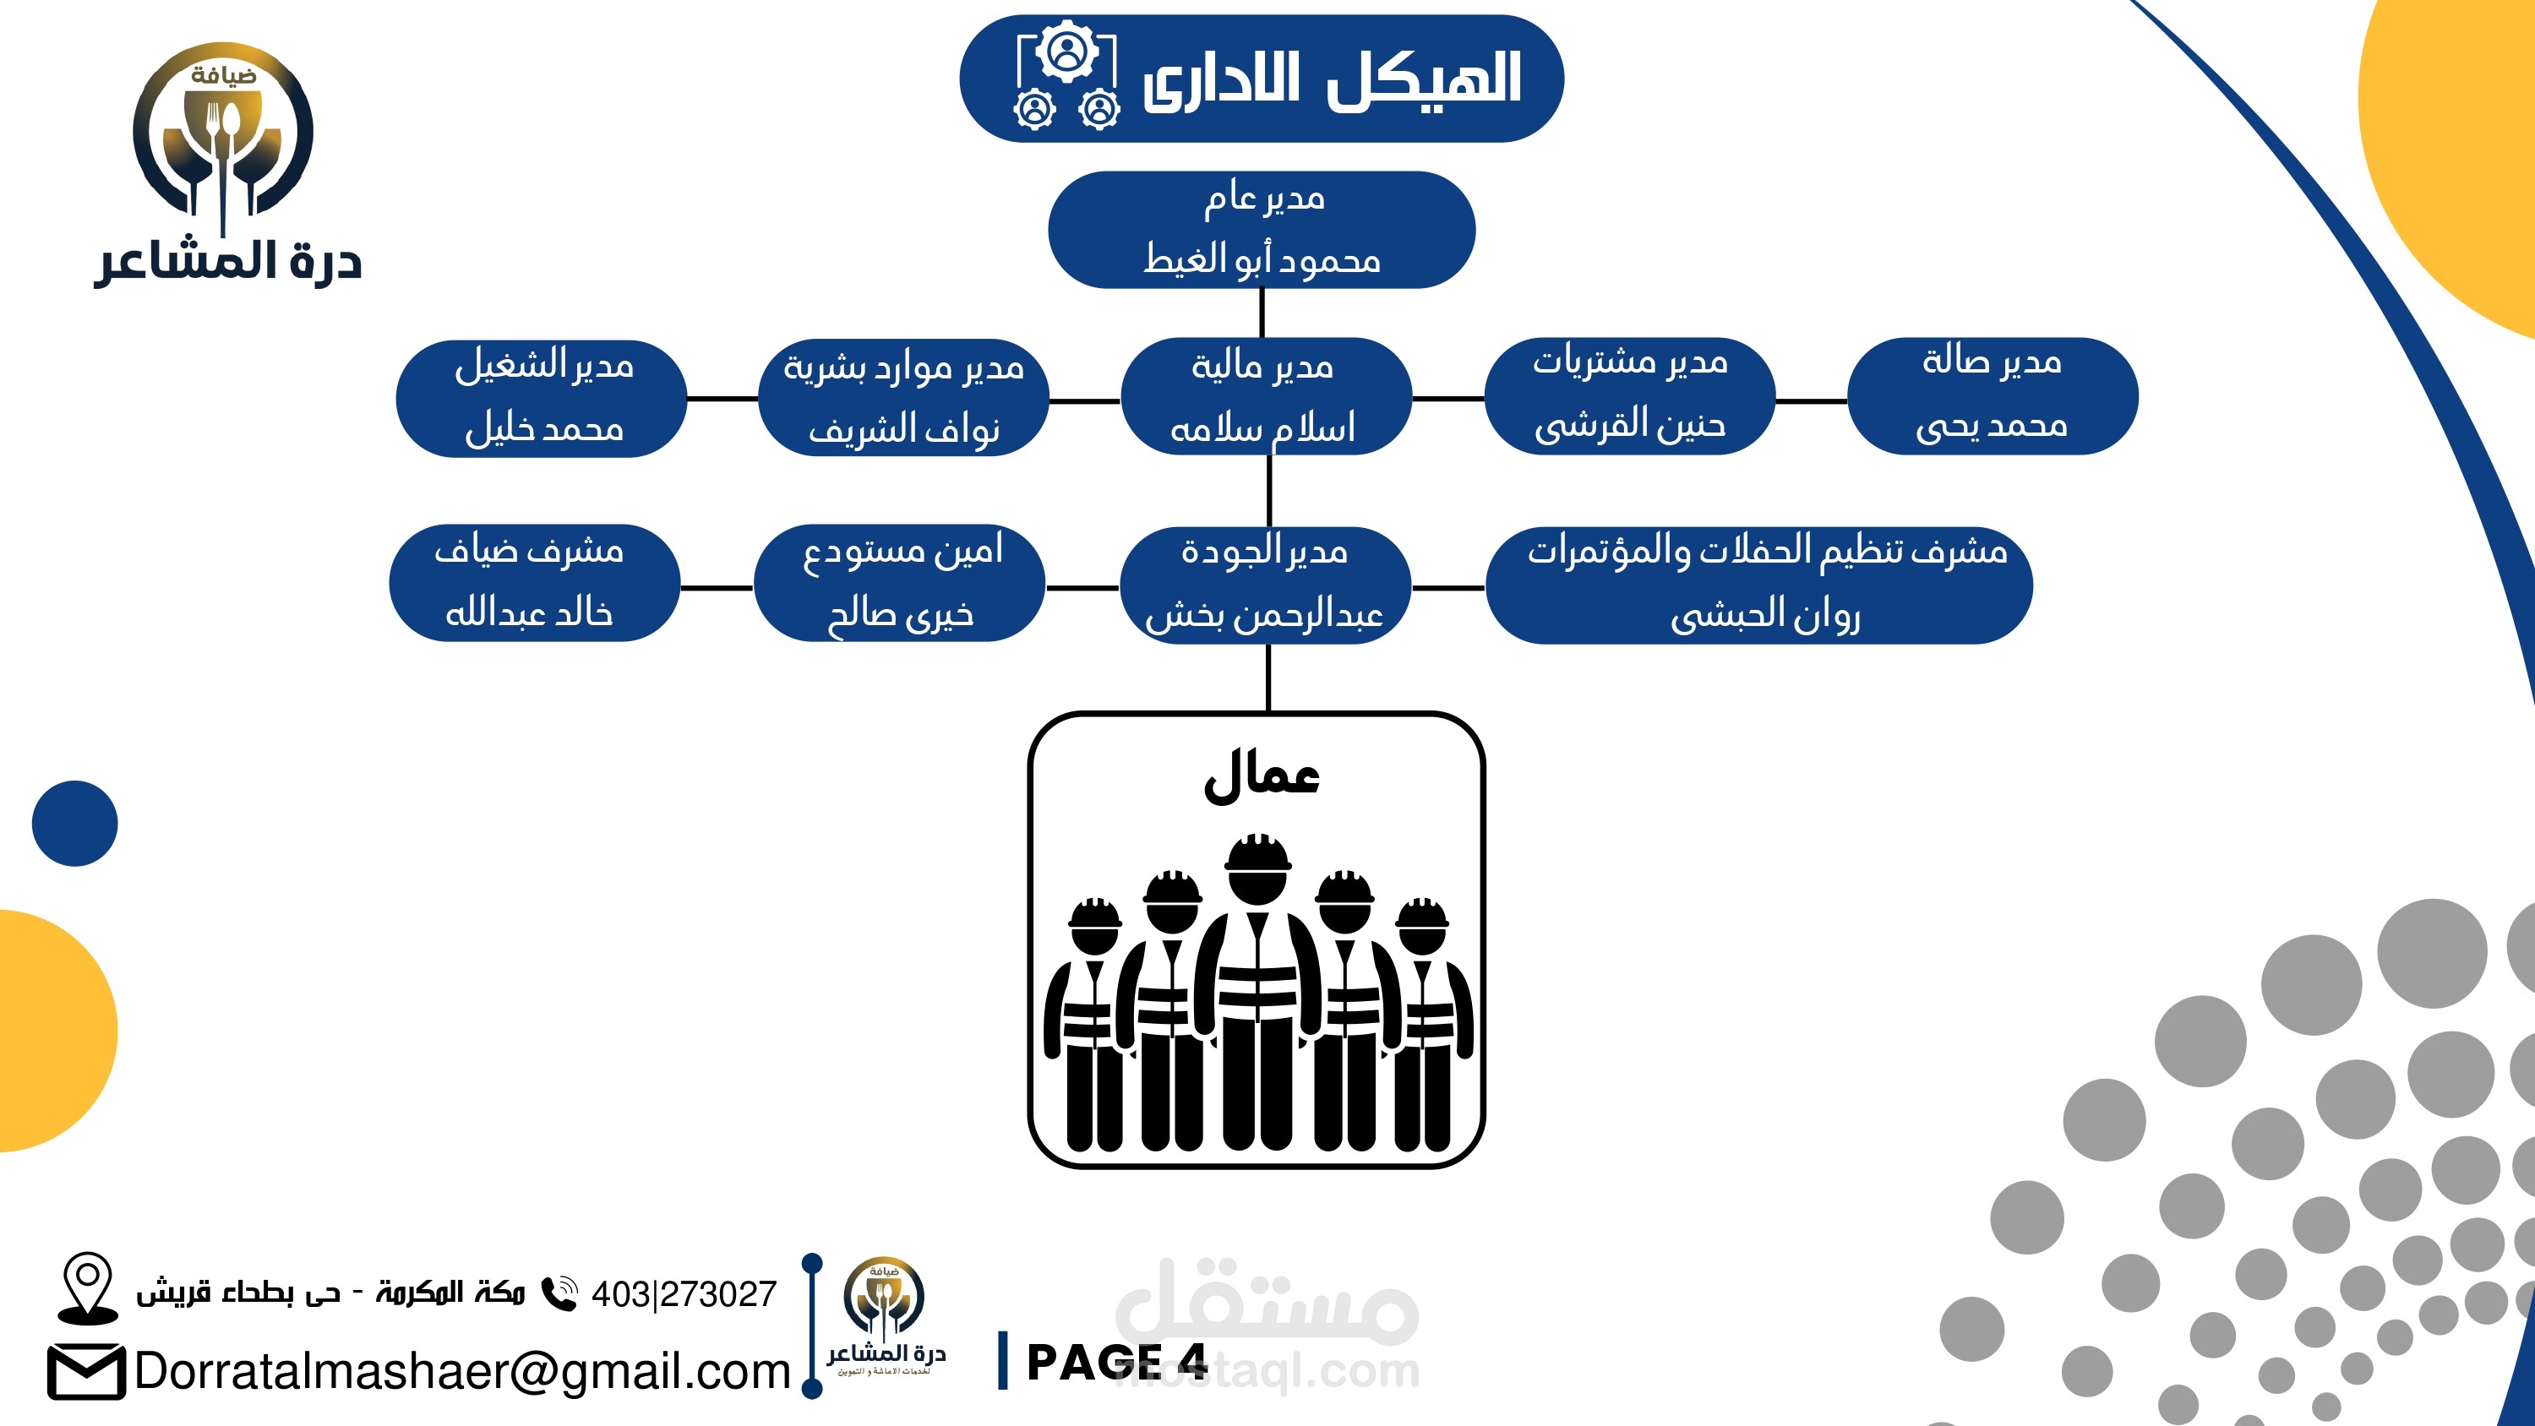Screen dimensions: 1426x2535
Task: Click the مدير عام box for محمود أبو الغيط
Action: pos(1262,229)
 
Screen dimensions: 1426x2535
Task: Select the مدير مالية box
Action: pos(1266,396)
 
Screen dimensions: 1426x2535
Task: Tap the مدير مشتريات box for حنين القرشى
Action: pos(1630,395)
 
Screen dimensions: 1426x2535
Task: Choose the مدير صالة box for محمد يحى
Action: pos(1992,395)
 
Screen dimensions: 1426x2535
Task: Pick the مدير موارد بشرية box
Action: pos(903,398)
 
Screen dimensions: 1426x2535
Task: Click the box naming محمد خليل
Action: pos(542,398)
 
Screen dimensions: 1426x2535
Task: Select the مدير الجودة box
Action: pos(1266,585)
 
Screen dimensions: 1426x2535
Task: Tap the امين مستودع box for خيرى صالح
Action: pos(899,583)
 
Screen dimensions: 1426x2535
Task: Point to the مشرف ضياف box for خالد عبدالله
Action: pos(533,583)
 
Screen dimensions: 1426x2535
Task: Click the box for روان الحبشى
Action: pos(1759,585)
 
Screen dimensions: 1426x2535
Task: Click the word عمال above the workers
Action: pos(1262,776)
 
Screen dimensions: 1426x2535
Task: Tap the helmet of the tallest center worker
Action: pos(1257,852)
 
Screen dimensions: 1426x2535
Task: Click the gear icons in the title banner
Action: pos(1066,79)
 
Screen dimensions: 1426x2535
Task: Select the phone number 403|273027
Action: pos(684,1293)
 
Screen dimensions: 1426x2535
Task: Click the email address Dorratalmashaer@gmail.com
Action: pos(462,1371)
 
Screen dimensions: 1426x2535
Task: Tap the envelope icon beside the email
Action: pos(85,1371)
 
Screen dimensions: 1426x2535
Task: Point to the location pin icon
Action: pos(88,1285)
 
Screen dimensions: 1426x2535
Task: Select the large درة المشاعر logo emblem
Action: pos(225,133)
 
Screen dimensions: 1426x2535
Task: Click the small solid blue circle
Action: pos(75,823)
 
